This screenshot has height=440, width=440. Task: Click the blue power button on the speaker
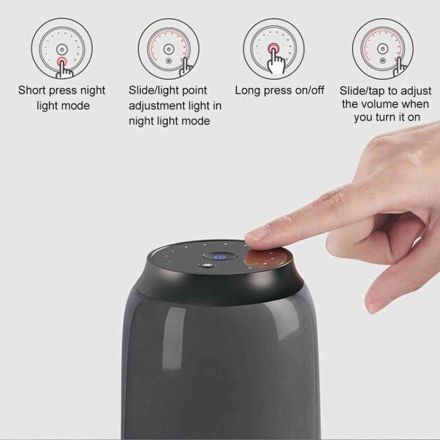click(220, 256)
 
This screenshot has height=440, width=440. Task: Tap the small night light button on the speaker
click(207, 266)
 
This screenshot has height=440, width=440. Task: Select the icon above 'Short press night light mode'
click(62, 48)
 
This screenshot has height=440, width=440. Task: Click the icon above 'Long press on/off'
click(273, 48)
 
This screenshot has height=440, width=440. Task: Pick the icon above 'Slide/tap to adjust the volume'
click(383, 48)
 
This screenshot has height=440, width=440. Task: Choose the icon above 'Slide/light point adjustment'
click(168, 48)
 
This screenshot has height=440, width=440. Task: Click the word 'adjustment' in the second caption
click(156, 106)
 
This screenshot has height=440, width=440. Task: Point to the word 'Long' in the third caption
click(247, 90)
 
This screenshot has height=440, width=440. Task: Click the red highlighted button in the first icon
click(62, 60)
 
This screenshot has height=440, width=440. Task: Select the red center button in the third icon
click(273, 48)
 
